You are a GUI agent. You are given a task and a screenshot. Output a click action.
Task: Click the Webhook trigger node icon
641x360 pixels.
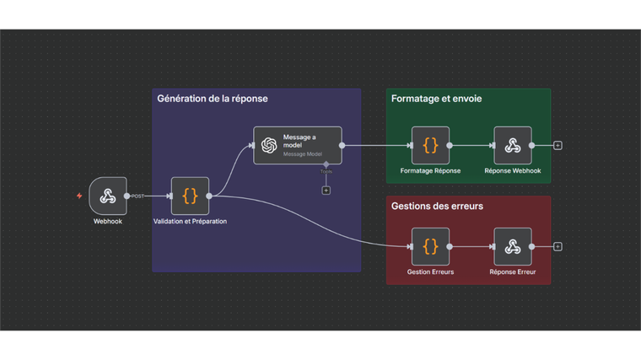(x=108, y=196)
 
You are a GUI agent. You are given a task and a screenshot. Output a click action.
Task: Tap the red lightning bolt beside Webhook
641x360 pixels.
(x=79, y=196)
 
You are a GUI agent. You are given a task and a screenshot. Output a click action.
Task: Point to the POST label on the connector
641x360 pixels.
(x=137, y=196)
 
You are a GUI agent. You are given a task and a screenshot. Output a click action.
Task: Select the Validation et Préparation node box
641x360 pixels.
(x=190, y=196)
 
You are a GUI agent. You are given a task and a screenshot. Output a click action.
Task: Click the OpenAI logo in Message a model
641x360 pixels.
(x=269, y=145)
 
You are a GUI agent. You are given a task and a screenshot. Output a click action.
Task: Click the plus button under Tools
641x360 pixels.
(x=326, y=191)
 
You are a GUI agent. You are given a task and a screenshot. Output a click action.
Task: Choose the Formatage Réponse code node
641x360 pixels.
(x=430, y=145)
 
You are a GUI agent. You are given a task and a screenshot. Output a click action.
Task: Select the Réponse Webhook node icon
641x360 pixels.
(x=513, y=145)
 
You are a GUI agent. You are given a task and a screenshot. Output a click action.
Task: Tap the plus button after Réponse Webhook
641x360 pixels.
(x=558, y=145)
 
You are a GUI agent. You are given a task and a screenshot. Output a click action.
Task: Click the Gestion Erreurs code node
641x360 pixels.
(x=430, y=246)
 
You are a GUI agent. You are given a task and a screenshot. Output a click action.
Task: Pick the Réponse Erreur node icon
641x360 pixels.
(x=513, y=246)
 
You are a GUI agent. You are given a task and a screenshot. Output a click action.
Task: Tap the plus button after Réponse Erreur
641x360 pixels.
(x=558, y=246)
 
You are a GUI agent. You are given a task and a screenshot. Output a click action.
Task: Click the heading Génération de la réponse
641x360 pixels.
(x=213, y=99)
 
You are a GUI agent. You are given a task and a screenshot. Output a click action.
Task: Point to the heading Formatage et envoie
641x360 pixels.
(x=437, y=99)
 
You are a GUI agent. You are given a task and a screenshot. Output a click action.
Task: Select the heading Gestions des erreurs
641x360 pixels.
(x=437, y=206)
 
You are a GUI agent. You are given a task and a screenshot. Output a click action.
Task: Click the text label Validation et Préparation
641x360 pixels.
(x=190, y=222)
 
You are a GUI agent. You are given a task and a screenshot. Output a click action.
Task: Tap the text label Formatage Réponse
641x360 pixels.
(x=430, y=171)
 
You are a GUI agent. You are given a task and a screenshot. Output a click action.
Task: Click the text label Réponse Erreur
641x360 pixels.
(x=513, y=272)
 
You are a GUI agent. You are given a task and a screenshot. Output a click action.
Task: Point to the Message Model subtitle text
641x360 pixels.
(x=302, y=154)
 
